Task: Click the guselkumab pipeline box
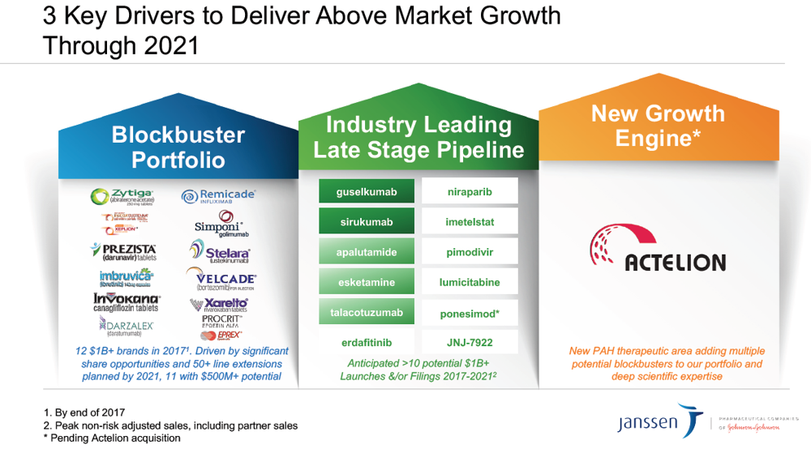[x=367, y=192]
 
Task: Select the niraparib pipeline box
[x=470, y=192]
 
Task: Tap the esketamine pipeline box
[x=367, y=282]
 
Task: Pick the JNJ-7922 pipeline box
[x=470, y=341]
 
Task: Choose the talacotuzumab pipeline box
[x=367, y=312]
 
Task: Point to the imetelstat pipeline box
[x=470, y=222]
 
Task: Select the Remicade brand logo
[x=217, y=195]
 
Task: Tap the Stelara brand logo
[x=220, y=252]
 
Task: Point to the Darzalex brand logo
[x=126, y=326]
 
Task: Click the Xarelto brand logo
[x=219, y=305]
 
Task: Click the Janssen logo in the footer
[x=658, y=422]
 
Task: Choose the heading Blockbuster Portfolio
[x=168, y=147]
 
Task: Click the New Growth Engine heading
[x=657, y=126]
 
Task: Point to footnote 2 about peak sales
[x=170, y=425]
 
